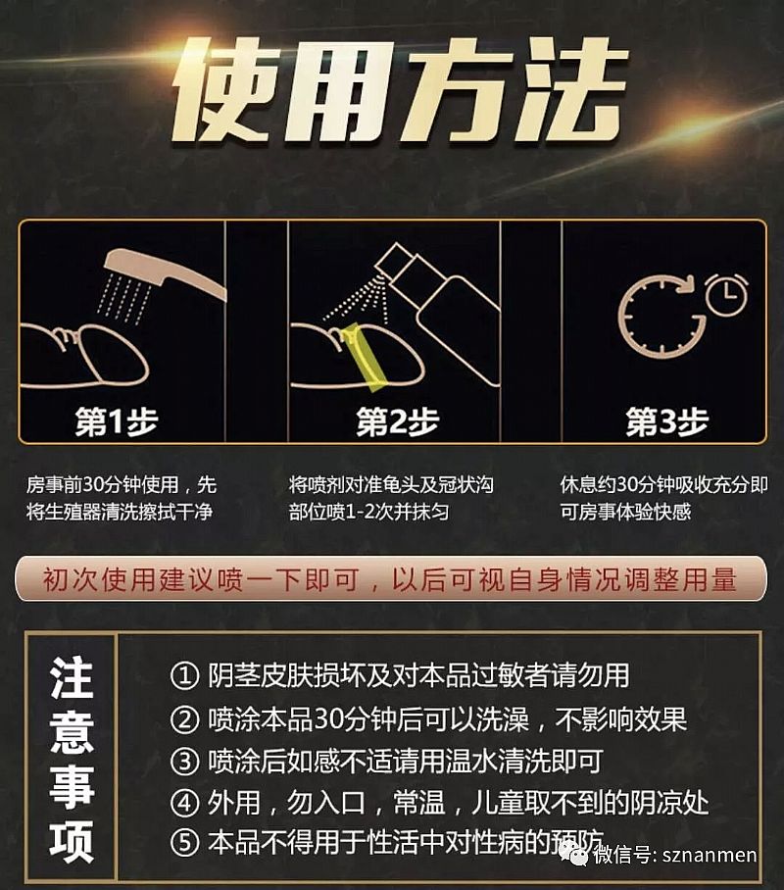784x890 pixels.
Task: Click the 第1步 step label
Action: click(117, 421)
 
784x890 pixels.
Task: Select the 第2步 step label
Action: click(398, 421)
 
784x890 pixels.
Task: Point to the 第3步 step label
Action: click(667, 421)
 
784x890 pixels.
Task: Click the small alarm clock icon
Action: click(726, 295)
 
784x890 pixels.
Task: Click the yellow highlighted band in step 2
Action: click(365, 357)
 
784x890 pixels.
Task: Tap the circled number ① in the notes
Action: click(184, 676)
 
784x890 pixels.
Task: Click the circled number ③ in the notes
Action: click(184, 762)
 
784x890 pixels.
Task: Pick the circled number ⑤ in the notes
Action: click(184, 843)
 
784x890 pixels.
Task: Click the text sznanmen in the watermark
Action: click(710, 855)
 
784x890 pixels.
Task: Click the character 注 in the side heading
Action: click(72, 677)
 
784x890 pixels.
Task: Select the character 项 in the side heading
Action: click(72, 842)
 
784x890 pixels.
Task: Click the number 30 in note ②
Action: click(328, 718)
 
